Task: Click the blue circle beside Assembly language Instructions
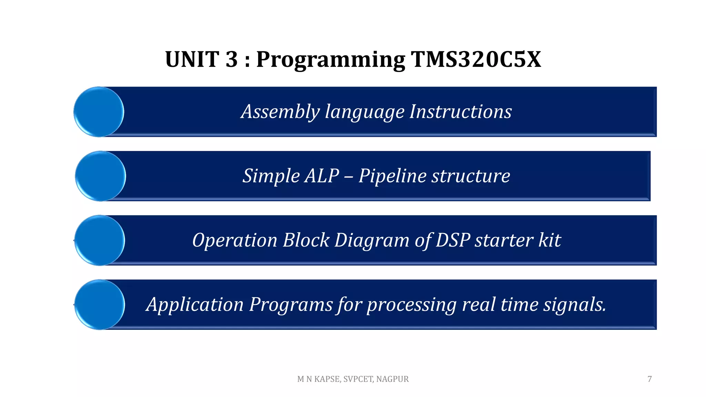[x=99, y=112]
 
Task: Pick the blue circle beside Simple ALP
[x=100, y=176]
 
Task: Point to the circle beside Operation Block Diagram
[x=100, y=240]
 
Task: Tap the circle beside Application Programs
[x=100, y=304]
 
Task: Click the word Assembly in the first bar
[x=280, y=112]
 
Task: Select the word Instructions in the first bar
[x=460, y=112]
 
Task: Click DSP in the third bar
[x=453, y=240]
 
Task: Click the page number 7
[x=649, y=379]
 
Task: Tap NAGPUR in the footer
[x=392, y=379]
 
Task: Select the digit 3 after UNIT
[x=232, y=59]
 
